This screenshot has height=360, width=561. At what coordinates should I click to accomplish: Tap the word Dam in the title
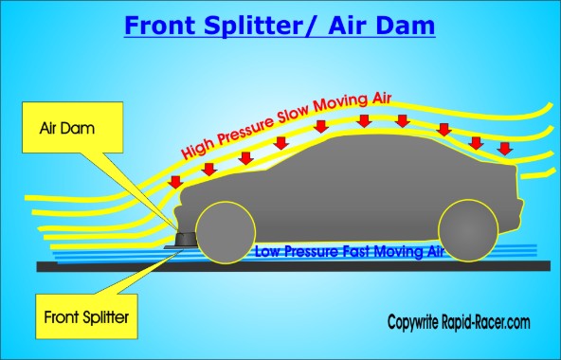[x=405, y=25]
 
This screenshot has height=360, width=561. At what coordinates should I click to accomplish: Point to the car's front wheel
[x=220, y=231]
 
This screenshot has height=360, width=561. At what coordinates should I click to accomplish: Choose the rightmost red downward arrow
[x=505, y=148]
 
